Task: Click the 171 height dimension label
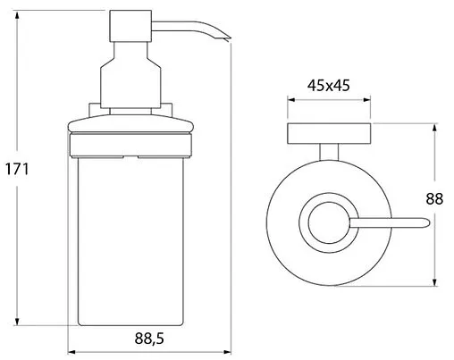tap(17, 169)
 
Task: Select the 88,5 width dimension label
tap(149, 339)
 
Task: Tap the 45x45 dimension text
tap(329, 86)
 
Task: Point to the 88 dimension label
tap(434, 198)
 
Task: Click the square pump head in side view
tap(130, 26)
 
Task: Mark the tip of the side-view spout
tap(230, 39)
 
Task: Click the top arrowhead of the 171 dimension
tap(17, 15)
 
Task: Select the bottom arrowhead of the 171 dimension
tap(17, 321)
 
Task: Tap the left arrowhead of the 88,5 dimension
tap(72, 352)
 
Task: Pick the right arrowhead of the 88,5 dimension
tap(227, 352)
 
